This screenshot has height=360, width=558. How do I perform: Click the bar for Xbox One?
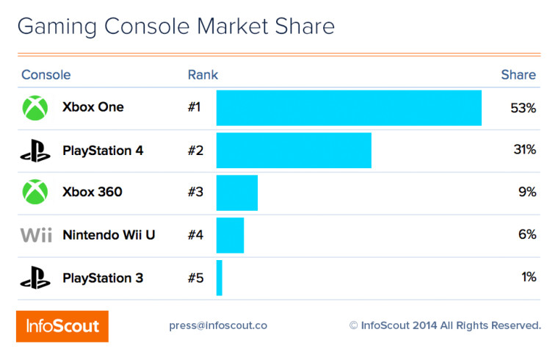click(349, 108)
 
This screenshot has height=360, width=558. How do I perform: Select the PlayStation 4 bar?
click(294, 151)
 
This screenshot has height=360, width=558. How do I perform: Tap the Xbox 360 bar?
click(237, 192)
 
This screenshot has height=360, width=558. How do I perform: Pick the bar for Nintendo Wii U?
click(230, 235)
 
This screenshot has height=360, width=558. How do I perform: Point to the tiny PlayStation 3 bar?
click(220, 278)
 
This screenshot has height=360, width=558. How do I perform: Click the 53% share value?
click(523, 108)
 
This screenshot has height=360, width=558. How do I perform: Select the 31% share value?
click(524, 150)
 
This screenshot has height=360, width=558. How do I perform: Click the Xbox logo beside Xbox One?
click(35, 108)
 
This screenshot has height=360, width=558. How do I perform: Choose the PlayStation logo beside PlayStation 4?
click(35, 151)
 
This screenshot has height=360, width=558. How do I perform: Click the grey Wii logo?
click(35, 236)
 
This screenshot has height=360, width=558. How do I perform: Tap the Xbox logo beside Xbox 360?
click(35, 192)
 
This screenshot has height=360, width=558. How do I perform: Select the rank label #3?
click(195, 192)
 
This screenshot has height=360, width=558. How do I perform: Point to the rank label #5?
click(195, 278)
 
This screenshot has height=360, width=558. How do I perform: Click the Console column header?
click(46, 75)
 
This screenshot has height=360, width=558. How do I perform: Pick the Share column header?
click(518, 75)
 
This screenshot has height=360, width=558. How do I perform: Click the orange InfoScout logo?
click(62, 325)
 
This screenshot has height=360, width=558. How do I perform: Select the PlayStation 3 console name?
click(103, 278)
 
